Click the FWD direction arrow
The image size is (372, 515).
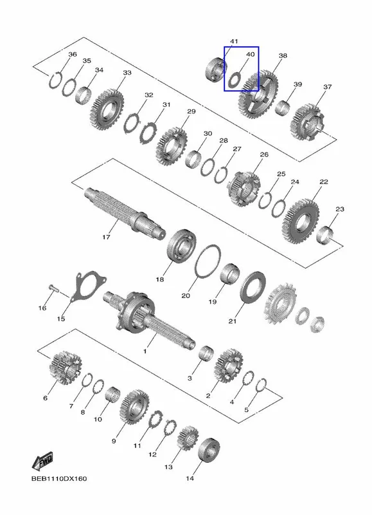coord(42,461)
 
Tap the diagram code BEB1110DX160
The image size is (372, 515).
coord(59,478)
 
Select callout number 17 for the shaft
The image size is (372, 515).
coord(106,237)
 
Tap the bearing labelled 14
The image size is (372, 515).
coord(209,449)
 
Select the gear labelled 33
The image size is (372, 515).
coord(107,109)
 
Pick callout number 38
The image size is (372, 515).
coord(283,56)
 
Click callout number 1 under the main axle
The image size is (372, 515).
coord(145,351)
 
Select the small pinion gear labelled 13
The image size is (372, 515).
coord(188,438)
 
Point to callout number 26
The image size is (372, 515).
coord(264,154)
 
